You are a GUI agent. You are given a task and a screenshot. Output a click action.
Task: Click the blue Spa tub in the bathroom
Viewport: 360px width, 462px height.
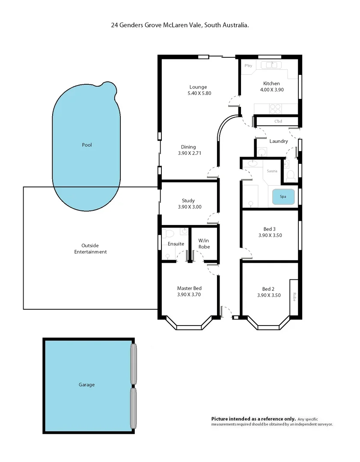(283, 197)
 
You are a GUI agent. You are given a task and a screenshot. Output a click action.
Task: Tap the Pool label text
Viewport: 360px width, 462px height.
(87, 145)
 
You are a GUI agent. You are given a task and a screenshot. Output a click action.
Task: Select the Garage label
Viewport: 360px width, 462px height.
(86, 385)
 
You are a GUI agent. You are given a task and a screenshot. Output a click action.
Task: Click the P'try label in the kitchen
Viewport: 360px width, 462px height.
(248, 66)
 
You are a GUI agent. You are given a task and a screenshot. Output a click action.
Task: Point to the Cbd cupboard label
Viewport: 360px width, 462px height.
(278, 121)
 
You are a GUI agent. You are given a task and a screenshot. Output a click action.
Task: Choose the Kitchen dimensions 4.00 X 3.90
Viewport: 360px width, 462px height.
(272, 90)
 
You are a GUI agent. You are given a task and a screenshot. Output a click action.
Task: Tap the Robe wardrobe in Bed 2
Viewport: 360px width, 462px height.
(294, 296)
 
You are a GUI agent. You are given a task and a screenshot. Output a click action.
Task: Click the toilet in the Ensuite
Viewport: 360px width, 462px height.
(168, 234)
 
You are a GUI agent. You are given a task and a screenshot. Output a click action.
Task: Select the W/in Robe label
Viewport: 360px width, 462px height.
(204, 244)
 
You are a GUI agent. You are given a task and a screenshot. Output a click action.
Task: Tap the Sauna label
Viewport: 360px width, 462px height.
(272, 171)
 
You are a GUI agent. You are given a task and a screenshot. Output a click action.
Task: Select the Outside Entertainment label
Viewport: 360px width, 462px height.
(90, 249)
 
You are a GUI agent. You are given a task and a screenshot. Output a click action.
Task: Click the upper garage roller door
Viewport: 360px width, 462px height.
(134, 364)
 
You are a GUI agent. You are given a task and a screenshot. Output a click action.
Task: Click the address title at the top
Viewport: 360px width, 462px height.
(180, 25)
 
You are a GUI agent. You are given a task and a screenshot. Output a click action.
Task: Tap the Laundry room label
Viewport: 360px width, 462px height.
(278, 141)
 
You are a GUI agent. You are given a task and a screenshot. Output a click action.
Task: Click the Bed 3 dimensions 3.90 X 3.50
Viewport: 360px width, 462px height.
(270, 235)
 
